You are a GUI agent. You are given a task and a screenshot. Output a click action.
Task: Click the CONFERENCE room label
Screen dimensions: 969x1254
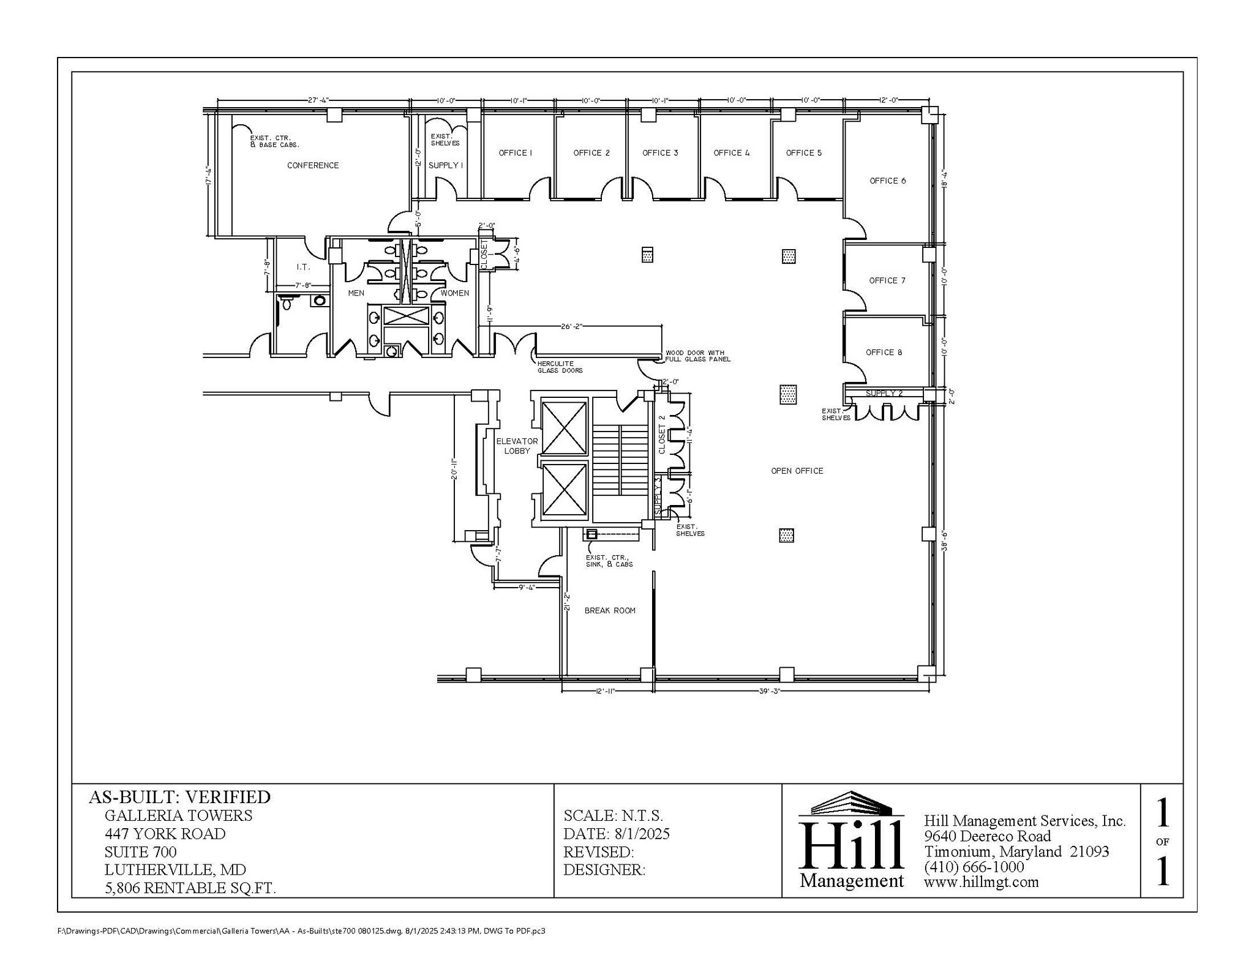[313, 165]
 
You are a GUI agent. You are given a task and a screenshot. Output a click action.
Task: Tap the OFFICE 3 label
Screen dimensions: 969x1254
[660, 153]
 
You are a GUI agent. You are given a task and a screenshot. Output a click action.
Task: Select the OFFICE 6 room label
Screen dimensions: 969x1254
[887, 181]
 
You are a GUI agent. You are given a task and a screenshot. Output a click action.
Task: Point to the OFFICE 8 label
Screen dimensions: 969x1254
[884, 352]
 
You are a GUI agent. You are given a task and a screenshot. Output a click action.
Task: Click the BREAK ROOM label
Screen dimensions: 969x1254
[609, 610]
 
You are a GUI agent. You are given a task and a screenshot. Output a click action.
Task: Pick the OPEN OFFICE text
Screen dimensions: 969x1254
[797, 471]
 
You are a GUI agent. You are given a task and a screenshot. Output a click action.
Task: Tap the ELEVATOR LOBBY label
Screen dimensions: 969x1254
[517, 446]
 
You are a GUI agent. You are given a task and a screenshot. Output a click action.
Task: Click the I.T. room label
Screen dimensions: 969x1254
[303, 267]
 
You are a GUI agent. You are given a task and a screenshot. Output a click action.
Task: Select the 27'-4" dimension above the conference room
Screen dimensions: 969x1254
[318, 100]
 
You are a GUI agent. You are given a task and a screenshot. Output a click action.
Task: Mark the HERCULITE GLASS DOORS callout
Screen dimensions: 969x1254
[560, 367]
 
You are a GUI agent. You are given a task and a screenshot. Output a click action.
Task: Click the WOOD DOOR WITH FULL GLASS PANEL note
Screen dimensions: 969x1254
[697, 356]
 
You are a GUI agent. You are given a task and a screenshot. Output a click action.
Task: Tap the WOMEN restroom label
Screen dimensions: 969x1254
[454, 293]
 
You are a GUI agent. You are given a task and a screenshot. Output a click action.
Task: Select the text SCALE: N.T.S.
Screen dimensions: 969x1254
[613, 815]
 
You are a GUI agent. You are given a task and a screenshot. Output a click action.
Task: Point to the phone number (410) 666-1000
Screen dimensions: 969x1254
[974, 867]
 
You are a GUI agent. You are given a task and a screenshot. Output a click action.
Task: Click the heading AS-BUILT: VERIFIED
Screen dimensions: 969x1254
[179, 797]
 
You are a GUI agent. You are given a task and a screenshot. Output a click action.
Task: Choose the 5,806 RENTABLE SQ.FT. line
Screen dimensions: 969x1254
[190, 888]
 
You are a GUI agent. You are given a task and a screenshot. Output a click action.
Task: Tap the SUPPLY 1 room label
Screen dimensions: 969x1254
[445, 165]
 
